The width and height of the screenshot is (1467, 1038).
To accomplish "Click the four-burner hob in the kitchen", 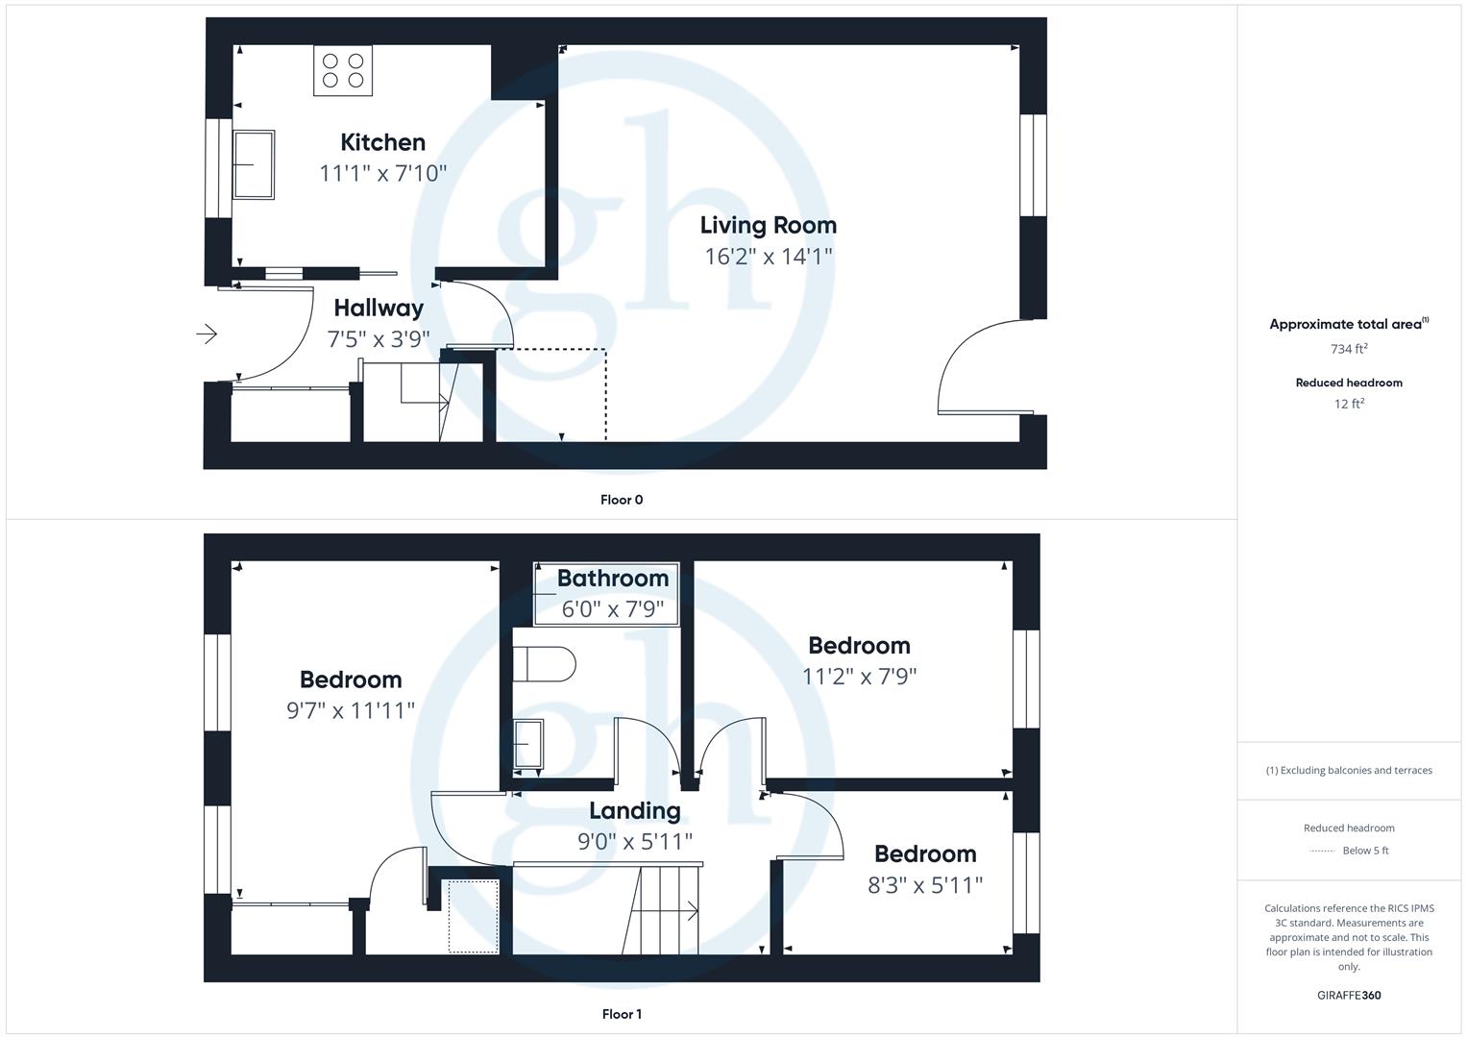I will click(343, 70).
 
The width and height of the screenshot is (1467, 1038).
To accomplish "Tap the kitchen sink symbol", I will click(254, 164).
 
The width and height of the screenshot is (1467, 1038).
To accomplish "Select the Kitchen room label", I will click(382, 142).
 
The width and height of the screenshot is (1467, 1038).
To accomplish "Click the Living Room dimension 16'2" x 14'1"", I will click(768, 257).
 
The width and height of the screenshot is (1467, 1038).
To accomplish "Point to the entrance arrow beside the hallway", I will click(207, 334).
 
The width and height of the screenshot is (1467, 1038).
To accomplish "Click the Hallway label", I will click(379, 309).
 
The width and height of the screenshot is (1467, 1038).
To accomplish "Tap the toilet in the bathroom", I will click(544, 664).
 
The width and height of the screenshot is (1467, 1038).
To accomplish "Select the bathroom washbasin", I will click(527, 744).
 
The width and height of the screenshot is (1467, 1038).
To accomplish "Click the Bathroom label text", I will click(612, 579).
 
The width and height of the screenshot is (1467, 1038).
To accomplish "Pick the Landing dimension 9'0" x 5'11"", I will click(634, 842).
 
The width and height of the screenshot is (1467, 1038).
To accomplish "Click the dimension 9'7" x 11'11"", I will click(351, 710).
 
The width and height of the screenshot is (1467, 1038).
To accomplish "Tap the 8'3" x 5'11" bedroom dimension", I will click(924, 885).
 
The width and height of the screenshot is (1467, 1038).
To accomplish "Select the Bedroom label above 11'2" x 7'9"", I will click(859, 646).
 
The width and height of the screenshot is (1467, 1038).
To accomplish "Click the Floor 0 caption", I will click(622, 500).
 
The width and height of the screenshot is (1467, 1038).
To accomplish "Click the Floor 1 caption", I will click(622, 1014).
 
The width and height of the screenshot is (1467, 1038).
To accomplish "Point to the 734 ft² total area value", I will click(1349, 349).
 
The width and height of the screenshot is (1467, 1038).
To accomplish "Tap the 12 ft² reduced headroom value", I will click(1349, 404).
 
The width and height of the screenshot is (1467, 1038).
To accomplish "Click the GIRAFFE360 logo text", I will click(1349, 995).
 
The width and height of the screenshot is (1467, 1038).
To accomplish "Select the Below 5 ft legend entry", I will click(1364, 851).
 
